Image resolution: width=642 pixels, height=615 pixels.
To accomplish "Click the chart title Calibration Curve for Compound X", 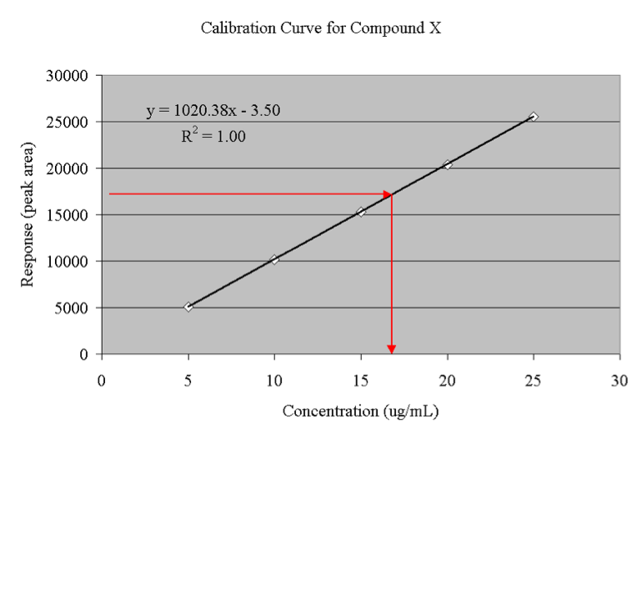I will [x=321, y=28].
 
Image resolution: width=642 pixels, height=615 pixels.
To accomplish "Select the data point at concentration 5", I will [x=188, y=307].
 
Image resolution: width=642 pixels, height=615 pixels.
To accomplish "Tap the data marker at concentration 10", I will [x=274, y=260].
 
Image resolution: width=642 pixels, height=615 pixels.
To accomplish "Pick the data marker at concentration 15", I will [x=361, y=212].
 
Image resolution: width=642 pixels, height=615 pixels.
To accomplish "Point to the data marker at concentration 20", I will [x=448, y=164].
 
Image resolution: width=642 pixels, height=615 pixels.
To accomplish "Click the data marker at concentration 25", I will [x=534, y=117].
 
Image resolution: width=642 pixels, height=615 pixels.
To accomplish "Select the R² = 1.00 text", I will [x=213, y=136].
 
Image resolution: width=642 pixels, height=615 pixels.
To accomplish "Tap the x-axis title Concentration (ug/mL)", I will [x=360, y=411].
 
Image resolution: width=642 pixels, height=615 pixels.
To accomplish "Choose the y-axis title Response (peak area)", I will [x=28, y=215].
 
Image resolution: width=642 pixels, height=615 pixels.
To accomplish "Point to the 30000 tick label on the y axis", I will [x=68, y=76].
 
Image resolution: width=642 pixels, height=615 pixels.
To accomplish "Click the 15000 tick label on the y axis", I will [x=68, y=215].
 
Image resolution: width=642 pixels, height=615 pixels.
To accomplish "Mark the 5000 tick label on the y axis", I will [x=72, y=308].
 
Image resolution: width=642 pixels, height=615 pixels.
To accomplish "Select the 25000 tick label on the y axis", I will [x=68, y=123].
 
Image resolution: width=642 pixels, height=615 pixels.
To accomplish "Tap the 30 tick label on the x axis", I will [x=619, y=381].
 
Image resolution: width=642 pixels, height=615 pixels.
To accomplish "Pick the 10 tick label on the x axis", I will [x=274, y=381].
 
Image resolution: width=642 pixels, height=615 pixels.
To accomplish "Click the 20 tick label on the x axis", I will [x=447, y=381].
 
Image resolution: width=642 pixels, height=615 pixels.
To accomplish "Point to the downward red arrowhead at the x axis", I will [x=391, y=348].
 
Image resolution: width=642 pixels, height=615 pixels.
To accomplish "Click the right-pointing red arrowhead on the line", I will [x=388, y=194].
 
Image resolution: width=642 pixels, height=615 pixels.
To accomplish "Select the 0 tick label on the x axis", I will [x=102, y=381].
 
